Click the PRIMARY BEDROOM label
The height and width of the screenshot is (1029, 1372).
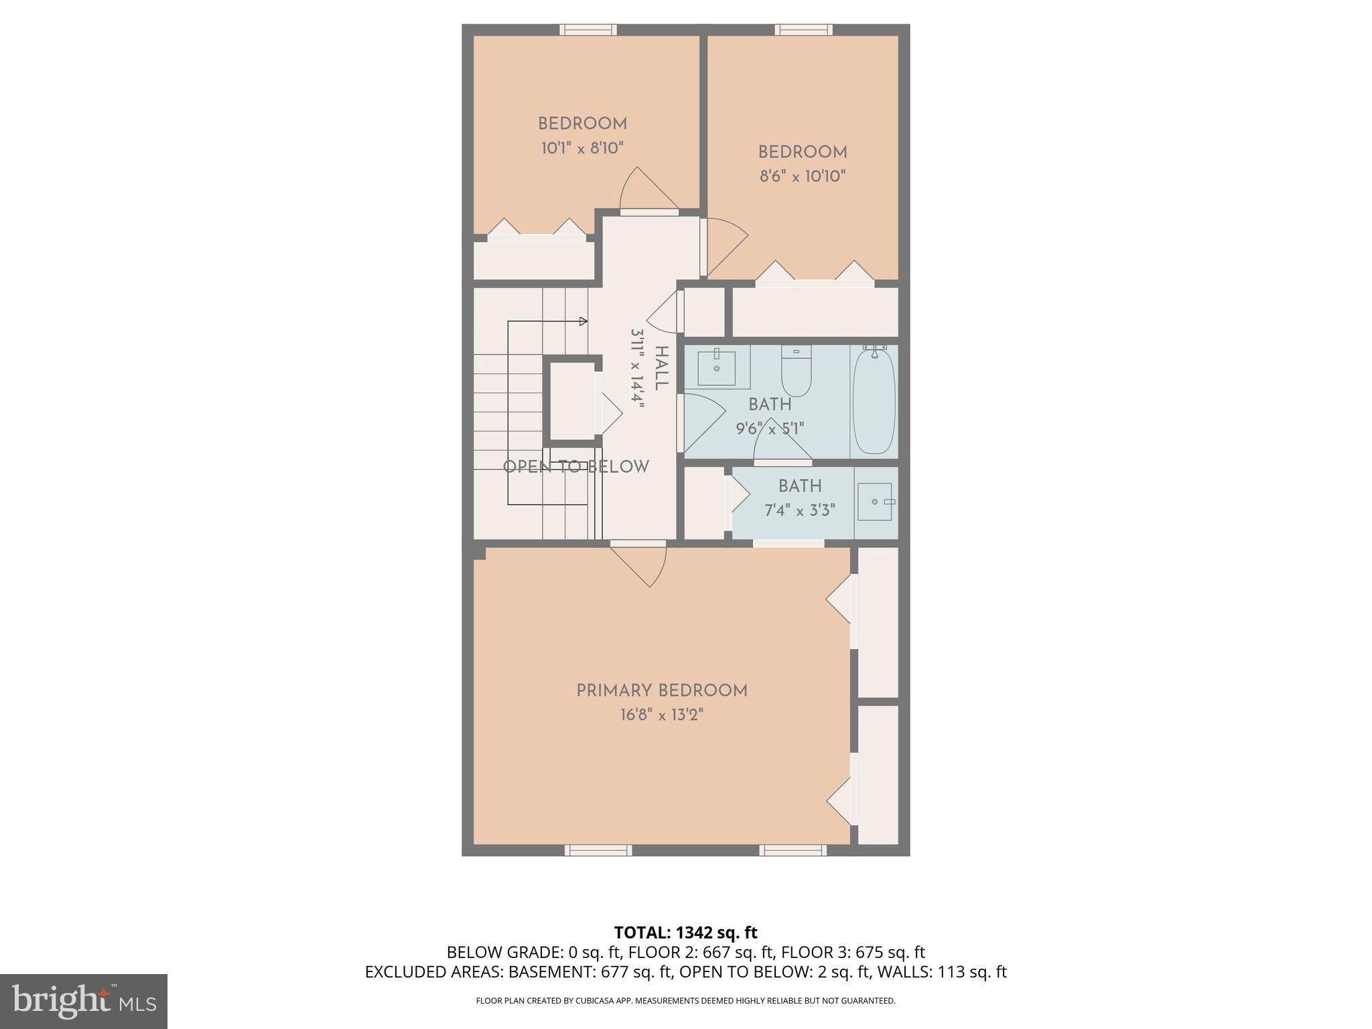pos(662,691)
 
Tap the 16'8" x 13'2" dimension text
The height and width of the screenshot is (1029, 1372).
pos(662,715)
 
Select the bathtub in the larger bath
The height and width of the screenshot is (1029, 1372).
pos(874,401)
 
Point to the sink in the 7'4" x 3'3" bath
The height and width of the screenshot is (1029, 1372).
pos(875,502)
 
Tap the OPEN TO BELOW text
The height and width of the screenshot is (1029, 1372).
pos(575,467)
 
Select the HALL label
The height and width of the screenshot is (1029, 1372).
pos(661,368)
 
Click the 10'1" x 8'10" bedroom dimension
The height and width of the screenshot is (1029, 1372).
pos(582,148)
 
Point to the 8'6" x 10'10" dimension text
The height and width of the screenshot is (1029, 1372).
pos(803,176)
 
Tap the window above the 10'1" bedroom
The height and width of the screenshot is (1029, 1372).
pos(588,29)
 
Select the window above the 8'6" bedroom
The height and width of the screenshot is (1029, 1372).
pos(804,29)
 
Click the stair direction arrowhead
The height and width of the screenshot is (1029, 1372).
pos(584,322)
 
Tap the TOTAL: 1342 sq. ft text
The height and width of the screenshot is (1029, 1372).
pos(685,933)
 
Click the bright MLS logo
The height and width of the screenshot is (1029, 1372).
pos(83,1001)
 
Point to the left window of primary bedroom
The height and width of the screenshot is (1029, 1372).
pos(598,850)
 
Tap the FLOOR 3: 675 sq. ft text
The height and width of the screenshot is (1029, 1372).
pos(853,952)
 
